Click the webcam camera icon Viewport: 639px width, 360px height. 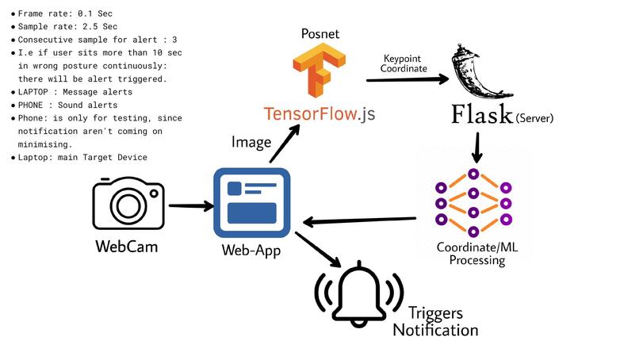pos(127,204)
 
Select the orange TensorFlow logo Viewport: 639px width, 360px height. pos(320,70)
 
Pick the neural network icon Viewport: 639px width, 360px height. pos(471,203)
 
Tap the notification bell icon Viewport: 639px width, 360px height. pos(358,295)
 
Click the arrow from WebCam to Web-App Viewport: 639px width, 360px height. pos(190,206)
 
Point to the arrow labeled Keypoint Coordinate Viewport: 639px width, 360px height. pos(404,79)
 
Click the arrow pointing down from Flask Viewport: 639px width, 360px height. pos(477,147)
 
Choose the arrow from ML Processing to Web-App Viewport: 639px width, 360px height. pos(361,220)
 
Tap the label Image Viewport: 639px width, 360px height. pos(251,142)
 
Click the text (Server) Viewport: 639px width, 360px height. pos(534,118)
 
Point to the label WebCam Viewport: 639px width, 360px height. pos(127,247)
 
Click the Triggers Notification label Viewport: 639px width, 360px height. pos(435,321)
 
